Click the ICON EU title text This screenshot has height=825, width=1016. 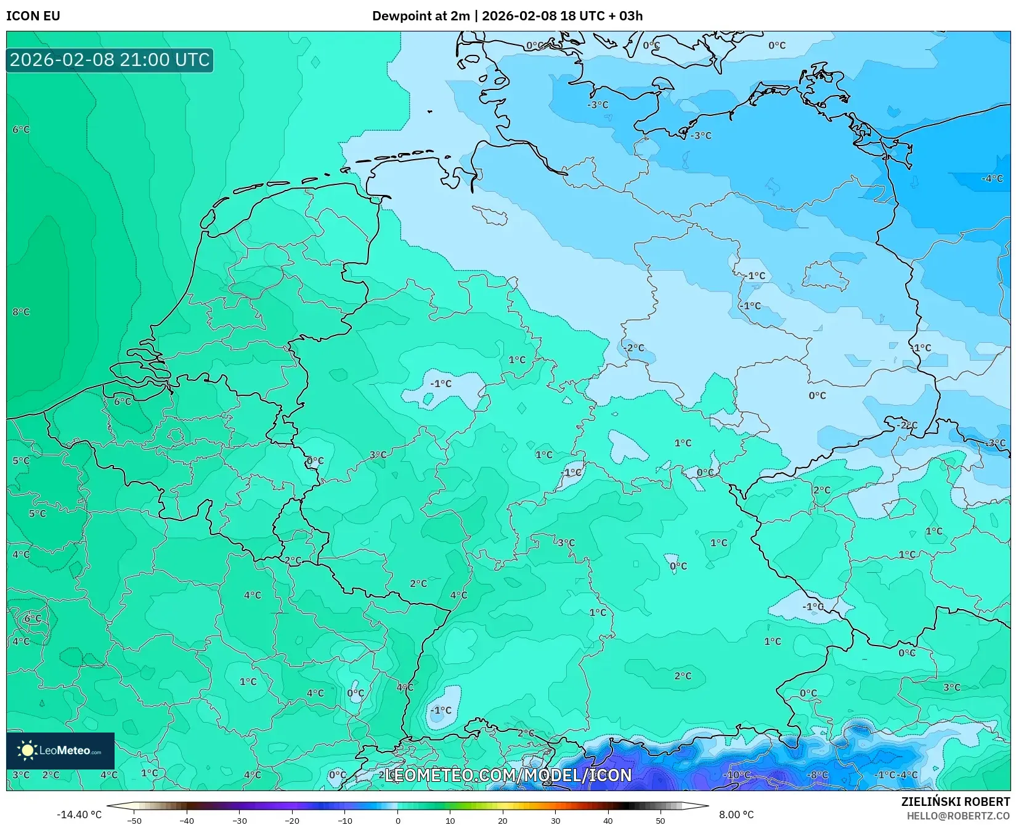coord(33,16)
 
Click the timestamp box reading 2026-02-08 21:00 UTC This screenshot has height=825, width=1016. coord(110,60)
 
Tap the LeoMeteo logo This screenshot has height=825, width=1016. coord(60,750)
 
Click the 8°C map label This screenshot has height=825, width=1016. coord(21,312)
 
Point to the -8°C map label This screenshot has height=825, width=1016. coord(818,775)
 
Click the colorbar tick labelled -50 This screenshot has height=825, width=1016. coord(134,821)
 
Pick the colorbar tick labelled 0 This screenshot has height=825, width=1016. coord(398,821)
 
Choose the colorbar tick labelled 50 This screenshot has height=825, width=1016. coord(660,821)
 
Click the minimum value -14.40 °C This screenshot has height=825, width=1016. coord(79,815)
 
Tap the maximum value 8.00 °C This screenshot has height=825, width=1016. coord(736,815)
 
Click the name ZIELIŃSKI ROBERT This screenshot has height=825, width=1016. coord(956,802)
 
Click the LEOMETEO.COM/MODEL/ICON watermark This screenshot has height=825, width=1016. coord(508,776)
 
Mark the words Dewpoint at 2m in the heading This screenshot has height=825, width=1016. coord(421,16)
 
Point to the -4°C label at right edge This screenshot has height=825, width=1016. coord(992,179)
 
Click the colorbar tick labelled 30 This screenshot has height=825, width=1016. coord(556,821)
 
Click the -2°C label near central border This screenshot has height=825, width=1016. coord(634,348)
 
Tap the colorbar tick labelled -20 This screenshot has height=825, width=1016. coord(292,821)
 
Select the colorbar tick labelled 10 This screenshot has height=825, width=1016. coord(450,821)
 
